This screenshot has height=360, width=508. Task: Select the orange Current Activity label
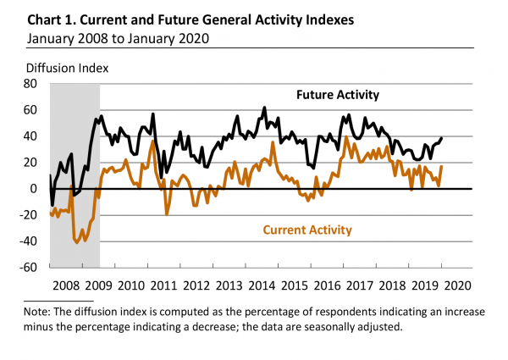pos(308,230)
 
